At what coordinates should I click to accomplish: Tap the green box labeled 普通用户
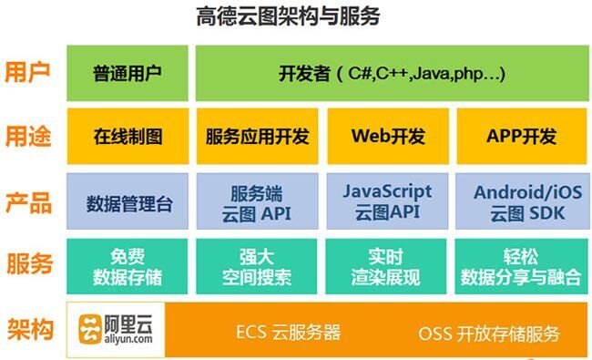[128, 73]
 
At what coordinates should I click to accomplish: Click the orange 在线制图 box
[128, 137]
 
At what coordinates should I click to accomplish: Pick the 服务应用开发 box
[258, 137]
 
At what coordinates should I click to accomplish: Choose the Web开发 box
[389, 137]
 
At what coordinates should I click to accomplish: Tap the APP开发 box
[516, 137]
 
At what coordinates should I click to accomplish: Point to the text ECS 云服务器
[287, 332]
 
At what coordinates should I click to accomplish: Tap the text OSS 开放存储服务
[489, 333]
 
